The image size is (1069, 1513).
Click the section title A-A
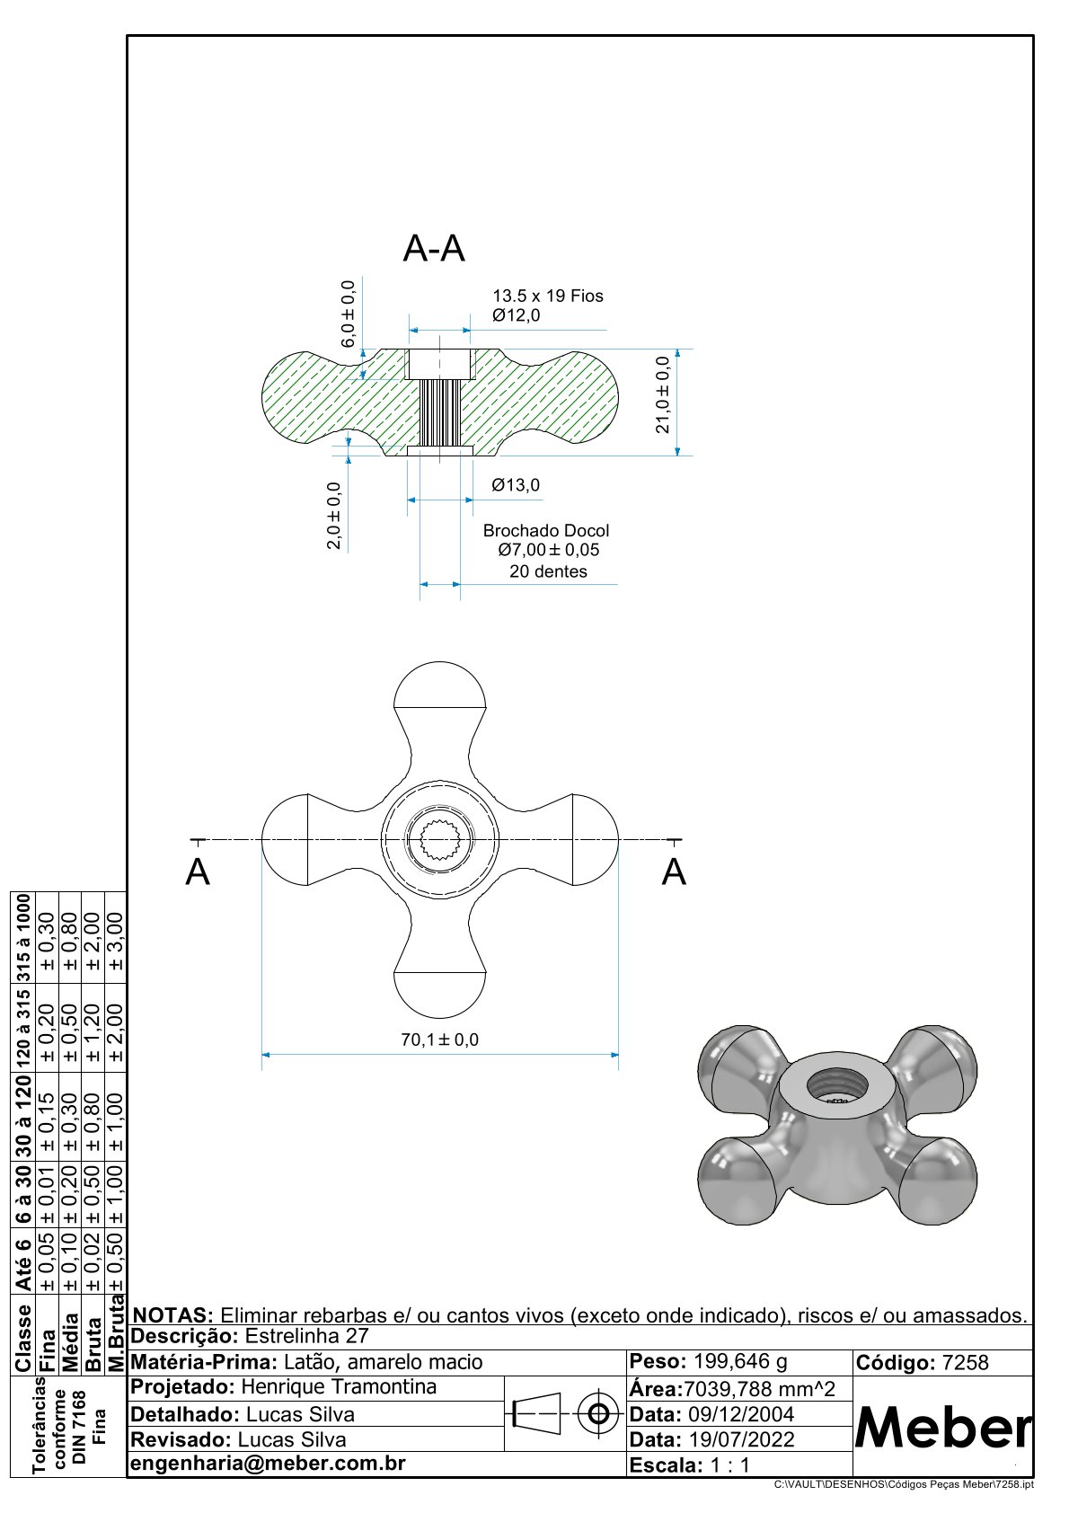coord(434,248)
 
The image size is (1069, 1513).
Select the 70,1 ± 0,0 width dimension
coord(439,1040)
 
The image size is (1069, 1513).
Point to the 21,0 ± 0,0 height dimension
coord(663,394)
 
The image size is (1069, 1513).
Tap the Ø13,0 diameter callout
coord(516,485)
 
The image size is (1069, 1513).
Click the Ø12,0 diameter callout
coord(516,315)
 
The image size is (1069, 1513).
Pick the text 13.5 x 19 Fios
coord(547,296)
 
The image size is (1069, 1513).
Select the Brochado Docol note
coord(545,531)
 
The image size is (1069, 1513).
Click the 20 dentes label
coord(548,571)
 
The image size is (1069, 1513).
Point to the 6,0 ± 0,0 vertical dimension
coord(348,314)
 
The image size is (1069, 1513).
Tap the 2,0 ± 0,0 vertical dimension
coord(334,516)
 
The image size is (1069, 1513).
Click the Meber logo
coord(942,1427)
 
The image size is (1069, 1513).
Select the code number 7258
coord(965,1363)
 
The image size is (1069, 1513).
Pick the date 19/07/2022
coord(741,1439)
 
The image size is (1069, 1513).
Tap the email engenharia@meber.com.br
coord(268,1463)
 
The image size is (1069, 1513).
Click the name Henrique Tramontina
coord(339,1387)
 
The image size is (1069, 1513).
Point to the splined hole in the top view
coord(439,839)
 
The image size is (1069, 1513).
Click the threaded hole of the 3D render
coord(837,1087)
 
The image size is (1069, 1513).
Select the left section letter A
coord(198,872)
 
